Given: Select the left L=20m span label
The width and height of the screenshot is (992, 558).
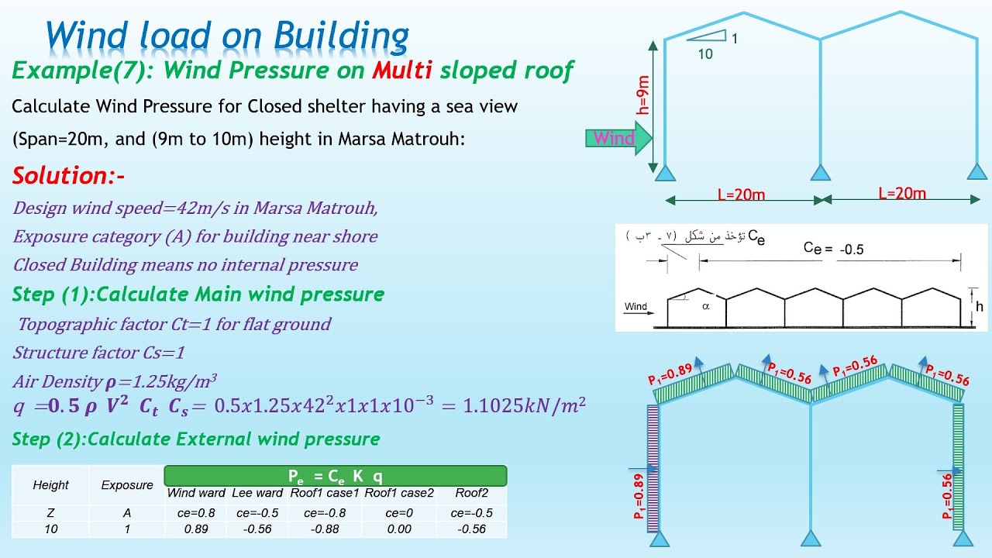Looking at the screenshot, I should pyautogui.click(x=740, y=195).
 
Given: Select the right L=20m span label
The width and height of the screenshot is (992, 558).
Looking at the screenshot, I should pyautogui.click(x=901, y=193).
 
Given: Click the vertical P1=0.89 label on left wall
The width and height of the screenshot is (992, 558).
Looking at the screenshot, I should pyautogui.click(x=639, y=495).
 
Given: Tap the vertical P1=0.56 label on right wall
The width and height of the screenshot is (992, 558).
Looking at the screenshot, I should pyautogui.click(x=946, y=495).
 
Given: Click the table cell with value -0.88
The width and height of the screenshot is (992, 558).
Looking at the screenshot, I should pyautogui.click(x=325, y=529).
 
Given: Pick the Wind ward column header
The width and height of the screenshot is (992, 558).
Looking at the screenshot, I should pyautogui.click(x=196, y=493).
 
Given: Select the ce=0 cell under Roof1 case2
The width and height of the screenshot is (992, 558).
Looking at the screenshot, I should pyautogui.click(x=399, y=512).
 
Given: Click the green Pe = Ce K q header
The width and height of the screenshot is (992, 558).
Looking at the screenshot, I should pyautogui.click(x=336, y=475).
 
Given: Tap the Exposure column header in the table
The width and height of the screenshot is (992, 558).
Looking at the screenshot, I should pyautogui.click(x=127, y=485).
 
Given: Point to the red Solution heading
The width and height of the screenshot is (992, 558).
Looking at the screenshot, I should pyautogui.click(x=69, y=176).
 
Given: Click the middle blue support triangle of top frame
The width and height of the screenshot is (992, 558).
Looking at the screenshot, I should pyautogui.click(x=821, y=172).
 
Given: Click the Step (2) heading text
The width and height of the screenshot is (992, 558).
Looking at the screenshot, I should pyautogui.click(x=196, y=439).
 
